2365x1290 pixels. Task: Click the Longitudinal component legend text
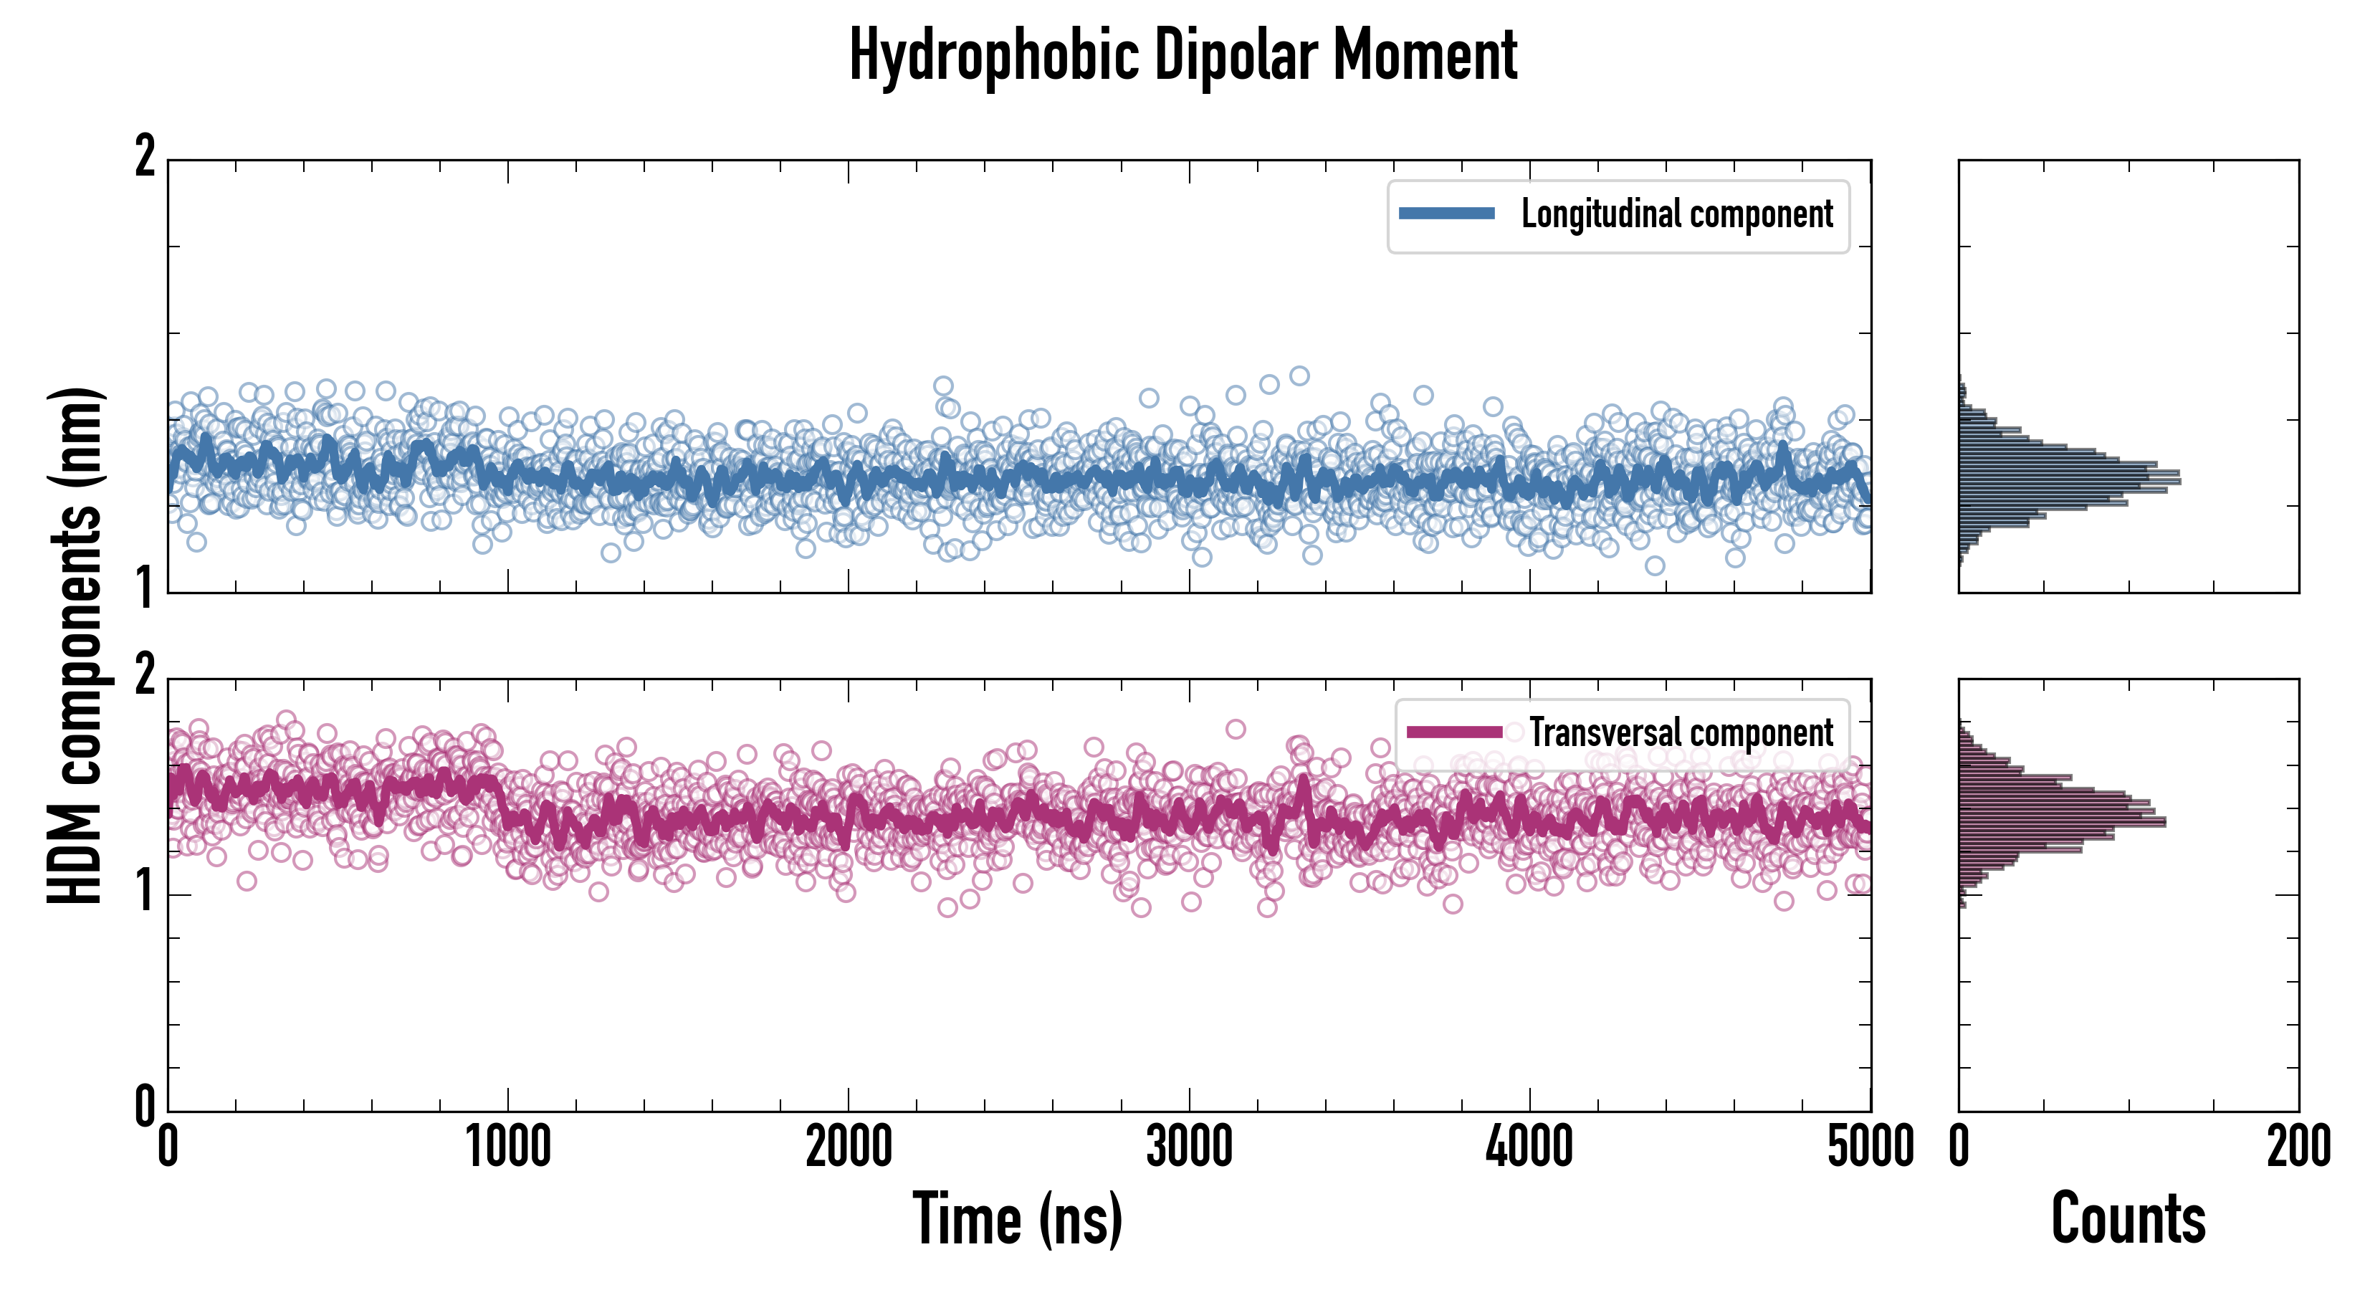pos(1676,214)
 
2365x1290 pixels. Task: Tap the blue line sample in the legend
pos(1446,214)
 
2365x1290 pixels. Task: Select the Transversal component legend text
pos(1680,732)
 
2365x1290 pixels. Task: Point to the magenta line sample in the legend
pos(1454,732)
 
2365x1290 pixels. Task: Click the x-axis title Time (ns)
pos(1017,1218)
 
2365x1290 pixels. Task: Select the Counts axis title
pos(2128,1218)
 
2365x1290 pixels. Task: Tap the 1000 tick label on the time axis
pos(507,1147)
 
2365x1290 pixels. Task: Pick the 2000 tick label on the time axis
pos(849,1147)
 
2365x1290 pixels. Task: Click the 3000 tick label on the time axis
pos(1189,1147)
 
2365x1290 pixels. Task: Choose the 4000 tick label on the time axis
pos(1529,1147)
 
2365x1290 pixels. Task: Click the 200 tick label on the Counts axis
pos(2298,1147)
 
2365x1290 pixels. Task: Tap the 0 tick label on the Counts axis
pos(1959,1147)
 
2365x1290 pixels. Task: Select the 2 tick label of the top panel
pos(145,157)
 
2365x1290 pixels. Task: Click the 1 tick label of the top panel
pos(145,588)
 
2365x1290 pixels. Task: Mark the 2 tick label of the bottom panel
pos(145,677)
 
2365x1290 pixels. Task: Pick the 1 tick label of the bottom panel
pos(145,891)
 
